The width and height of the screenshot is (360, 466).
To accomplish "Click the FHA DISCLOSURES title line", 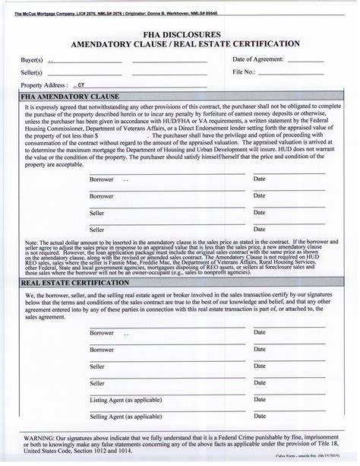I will pos(180,34).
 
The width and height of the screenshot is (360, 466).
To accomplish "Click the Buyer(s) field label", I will pos(31,59).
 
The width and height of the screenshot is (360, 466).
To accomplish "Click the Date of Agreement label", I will pos(258,59).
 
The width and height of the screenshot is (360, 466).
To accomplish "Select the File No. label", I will pos(245,73).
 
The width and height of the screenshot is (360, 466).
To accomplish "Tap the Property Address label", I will pos(45,86).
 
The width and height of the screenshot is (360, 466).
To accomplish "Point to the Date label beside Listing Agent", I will pos(259,399).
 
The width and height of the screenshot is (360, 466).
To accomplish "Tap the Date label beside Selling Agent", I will pos(259,417).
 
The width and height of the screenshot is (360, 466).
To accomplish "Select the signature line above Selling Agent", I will pos(167,411).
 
